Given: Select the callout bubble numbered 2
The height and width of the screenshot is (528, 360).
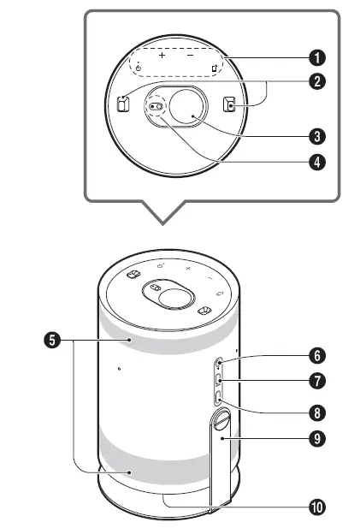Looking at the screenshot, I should pos(317,83).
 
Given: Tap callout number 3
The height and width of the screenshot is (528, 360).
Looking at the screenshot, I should pos(317,135).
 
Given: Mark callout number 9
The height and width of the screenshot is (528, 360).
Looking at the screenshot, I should pos(317,436).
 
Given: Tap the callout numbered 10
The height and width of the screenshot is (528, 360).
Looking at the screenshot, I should pos(317,506).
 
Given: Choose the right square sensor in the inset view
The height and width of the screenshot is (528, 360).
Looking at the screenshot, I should pos(228,104).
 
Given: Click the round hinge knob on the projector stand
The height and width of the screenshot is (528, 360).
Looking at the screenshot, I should pos(221,421).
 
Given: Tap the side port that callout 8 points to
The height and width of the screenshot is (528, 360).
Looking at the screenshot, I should pos(219,397).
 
